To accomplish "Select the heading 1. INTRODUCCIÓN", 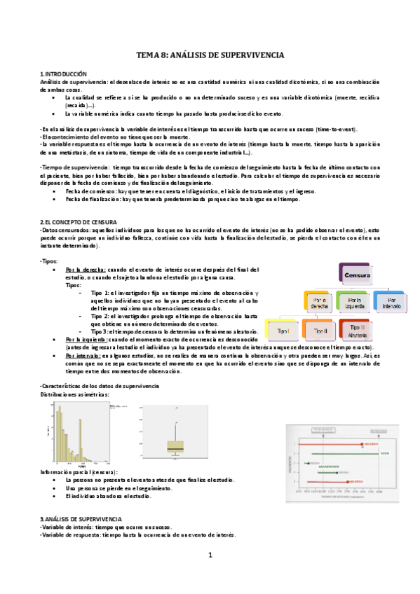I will pyautogui.click(x=64, y=74).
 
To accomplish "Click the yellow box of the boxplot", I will pyautogui.click(x=175, y=446).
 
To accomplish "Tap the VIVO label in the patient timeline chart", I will pyautogui.click(x=384, y=455).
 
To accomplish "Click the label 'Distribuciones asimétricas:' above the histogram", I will pyautogui.click(x=74, y=394).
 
